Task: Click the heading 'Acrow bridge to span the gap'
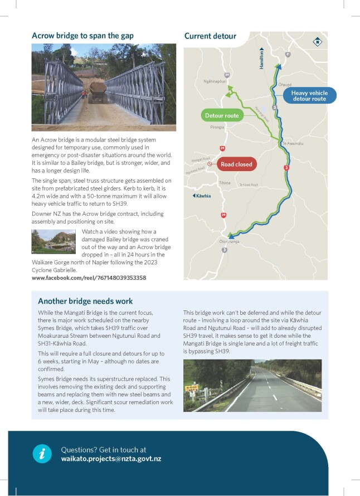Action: coord(82,36)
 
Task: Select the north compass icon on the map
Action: coord(317,41)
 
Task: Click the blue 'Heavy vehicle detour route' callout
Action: coord(309,95)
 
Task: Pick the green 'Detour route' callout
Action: coord(221,116)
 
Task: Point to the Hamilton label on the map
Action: coord(261,59)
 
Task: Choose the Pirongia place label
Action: coord(217,128)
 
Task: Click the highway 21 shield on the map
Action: coord(288,54)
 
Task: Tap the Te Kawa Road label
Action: coord(249,185)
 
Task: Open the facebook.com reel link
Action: coord(89,278)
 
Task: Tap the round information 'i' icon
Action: coord(42,454)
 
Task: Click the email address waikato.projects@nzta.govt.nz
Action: coord(111,459)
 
